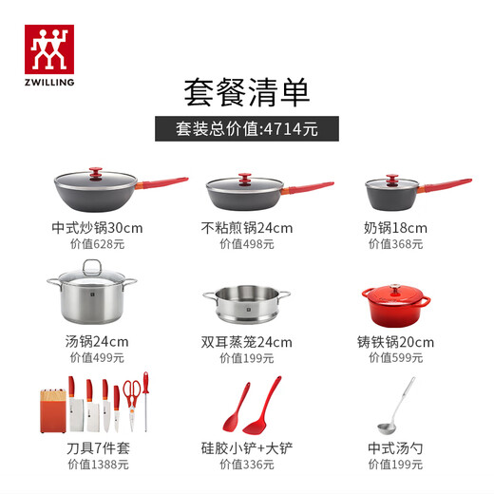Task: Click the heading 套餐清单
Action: (x=246, y=92)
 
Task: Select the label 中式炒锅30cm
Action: (x=97, y=228)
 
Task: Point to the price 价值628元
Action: (x=97, y=244)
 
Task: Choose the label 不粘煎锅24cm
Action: (x=246, y=228)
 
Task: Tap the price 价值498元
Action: (x=246, y=244)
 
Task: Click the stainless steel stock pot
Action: (x=90, y=293)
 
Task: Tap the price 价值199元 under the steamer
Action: (x=246, y=359)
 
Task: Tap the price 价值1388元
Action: (x=97, y=465)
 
